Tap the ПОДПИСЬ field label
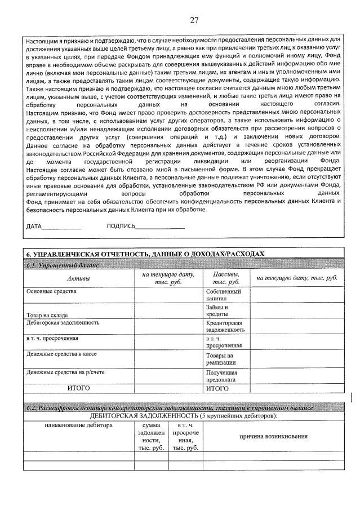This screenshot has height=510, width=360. [x=121, y=227]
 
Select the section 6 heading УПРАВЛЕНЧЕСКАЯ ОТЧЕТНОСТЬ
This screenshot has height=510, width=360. [x=145, y=254]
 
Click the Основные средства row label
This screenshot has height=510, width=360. [x=52, y=292]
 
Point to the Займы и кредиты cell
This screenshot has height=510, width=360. [x=217, y=311]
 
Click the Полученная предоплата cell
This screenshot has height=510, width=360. [x=221, y=376]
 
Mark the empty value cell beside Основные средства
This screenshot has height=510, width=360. [x=168, y=295]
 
